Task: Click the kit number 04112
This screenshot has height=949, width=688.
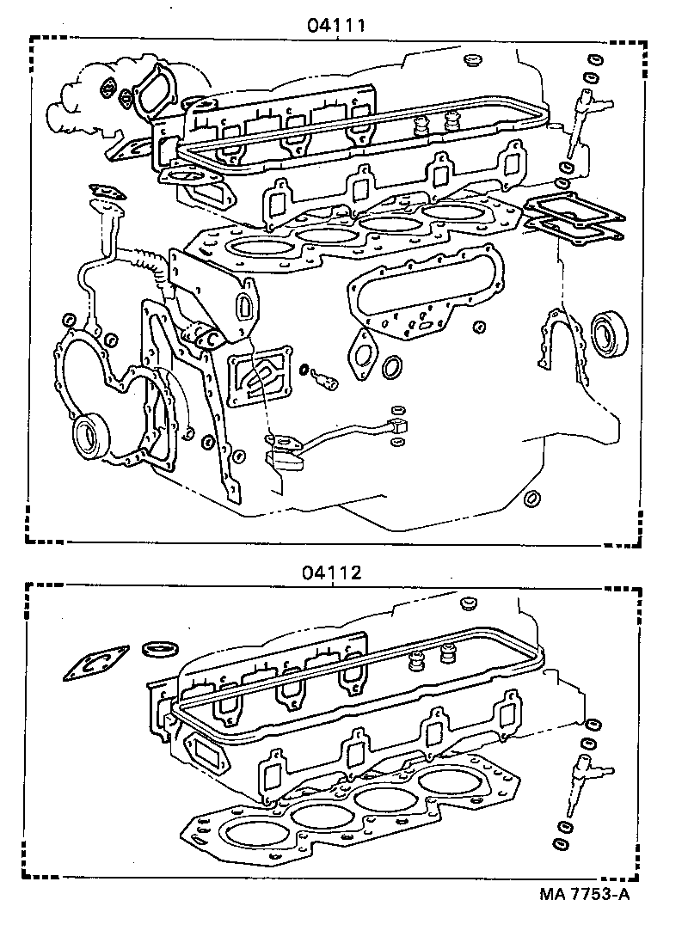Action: [x=331, y=572]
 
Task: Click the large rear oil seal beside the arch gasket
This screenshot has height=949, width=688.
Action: [x=610, y=333]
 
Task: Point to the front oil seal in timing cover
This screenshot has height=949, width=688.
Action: [x=90, y=437]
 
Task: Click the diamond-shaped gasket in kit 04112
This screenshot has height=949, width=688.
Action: [x=95, y=663]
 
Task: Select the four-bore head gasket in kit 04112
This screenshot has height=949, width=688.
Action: [x=344, y=808]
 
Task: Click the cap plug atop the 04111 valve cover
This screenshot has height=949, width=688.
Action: [x=470, y=62]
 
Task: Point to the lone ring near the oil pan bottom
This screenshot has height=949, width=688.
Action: [x=532, y=499]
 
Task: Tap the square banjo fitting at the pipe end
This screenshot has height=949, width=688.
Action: [x=396, y=426]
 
